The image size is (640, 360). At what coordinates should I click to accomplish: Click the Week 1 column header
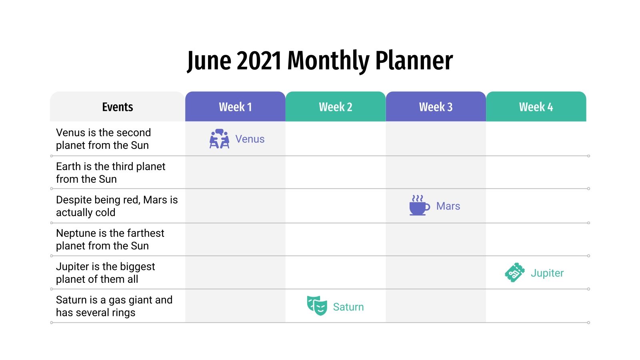(x=235, y=107)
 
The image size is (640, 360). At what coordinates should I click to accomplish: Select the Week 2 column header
(x=335, y=107)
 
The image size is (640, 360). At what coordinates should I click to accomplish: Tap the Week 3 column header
(x=436, y=107)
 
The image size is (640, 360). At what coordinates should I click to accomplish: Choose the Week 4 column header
(x=536, y=107)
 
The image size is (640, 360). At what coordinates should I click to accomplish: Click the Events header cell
(x=117, y=107)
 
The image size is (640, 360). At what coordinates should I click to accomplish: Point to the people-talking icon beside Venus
(x=219, y=139)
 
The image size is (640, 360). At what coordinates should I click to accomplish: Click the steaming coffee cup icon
(x=419, y=206)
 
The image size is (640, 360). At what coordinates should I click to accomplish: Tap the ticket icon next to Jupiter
(x=515, y=273)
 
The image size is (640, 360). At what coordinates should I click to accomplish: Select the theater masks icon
(x=317, y=306)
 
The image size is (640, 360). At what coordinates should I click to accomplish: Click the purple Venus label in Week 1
(x=250, y=139)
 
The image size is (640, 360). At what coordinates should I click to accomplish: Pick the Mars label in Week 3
(x=448, y=206)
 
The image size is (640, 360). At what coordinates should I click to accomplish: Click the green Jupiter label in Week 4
(x=547, y=273)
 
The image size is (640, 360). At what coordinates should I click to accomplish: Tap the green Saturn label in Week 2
(x=348, y=307)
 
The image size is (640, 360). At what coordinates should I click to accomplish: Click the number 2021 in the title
(x=259, y=61)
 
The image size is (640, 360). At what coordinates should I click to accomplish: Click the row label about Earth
(x=110, y=173)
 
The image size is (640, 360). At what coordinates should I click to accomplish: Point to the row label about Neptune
(x=110, y=239)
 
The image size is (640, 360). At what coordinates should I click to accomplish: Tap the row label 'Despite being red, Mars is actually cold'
(x=116, y=206)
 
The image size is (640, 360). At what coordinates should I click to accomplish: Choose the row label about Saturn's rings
(x=114, y=306)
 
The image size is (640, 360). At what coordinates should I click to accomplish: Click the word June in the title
(x=209, y=61)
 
